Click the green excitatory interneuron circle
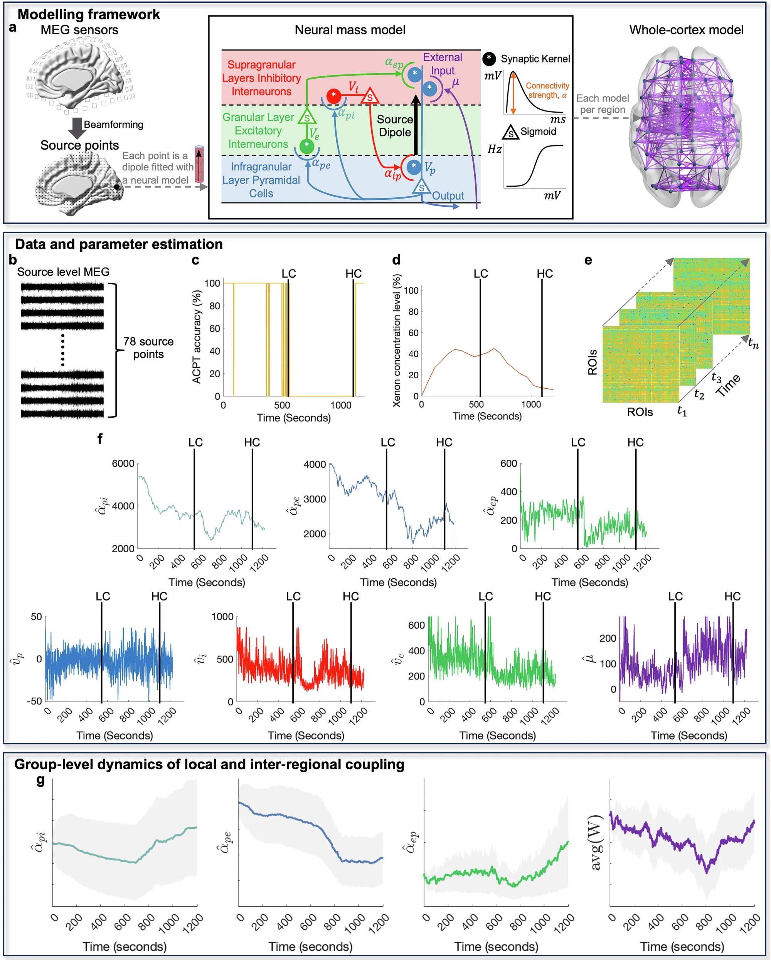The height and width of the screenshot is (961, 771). point(306,146)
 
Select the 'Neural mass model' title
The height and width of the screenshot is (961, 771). point(350,30)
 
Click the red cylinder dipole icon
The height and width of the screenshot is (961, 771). point(199,164)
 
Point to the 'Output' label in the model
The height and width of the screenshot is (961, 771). point(448,196)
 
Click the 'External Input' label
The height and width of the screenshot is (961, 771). point(442,64)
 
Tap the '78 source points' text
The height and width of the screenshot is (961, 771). point(148,348)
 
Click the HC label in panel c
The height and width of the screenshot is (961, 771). point(354,273)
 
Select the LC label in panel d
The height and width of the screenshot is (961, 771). point(480,273)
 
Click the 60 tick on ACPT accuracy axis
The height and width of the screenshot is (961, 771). point(214,329)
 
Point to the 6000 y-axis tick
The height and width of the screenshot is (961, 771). point(123,464)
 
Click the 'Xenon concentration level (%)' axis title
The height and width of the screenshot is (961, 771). point(396,341)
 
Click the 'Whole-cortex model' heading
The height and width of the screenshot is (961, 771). point(686,30)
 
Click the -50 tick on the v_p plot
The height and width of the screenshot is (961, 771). point(34,701)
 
